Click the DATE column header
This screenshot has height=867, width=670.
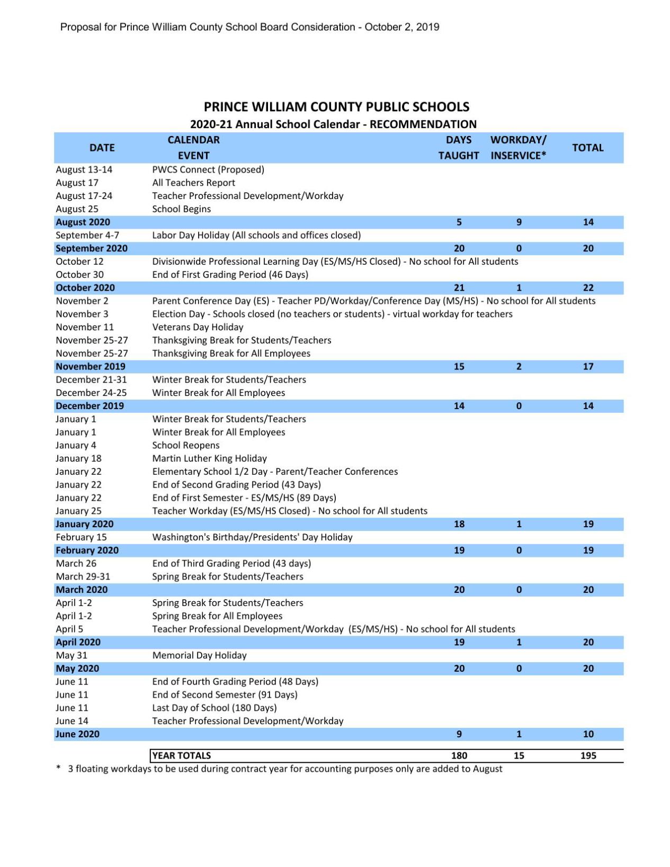coord(102,148)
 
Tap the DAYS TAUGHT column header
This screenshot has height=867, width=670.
coord(458,148)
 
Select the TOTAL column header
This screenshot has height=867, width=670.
coord(587,148)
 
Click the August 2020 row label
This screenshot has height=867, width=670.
coord(83,222)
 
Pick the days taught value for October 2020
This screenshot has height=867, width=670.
coord(459,288)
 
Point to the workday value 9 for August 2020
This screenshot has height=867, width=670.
coord(519,222)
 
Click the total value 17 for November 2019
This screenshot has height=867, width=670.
coord(588,366)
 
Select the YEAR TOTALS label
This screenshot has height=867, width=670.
coord(182,756)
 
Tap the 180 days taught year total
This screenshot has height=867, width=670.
coord(459,756)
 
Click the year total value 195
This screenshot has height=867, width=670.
coord(588,756)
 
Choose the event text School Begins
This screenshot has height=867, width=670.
coord(181,209)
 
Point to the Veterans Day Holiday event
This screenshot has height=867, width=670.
coord(198,327)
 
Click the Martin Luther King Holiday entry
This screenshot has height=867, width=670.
coord(209,458)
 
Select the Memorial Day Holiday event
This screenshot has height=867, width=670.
coord(199,655)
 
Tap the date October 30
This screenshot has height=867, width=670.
coord(79,275)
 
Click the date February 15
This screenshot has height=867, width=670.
coord(81,537)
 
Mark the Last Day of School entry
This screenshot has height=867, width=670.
coord(214,708)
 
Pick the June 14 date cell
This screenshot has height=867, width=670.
coord(72,721)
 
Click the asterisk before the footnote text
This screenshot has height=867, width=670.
coord(58,768)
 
